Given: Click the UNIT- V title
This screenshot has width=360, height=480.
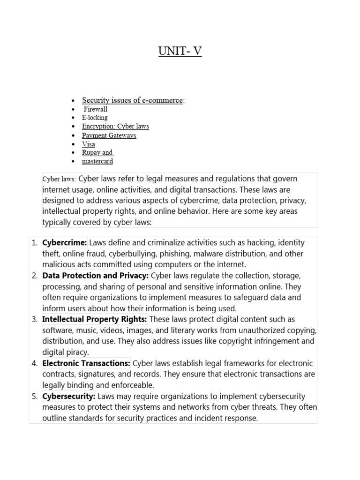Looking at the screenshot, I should pyautogui.click(x=180, y=51).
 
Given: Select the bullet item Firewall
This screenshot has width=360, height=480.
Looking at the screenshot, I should pyautogui.click(x=96, y=109).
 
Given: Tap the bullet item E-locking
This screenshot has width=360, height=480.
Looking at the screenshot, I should pyautogui.click(x=95, y=118).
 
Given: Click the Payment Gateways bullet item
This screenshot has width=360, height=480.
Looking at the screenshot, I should pyautogui.click(x=109, y=135).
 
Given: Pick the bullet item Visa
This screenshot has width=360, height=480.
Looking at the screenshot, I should pyautogui.click(x=89, y=144).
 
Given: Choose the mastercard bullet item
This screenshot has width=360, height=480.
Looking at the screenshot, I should pyautogui.click(x=97, y=161).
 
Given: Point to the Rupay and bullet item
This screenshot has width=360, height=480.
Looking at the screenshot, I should pyautogui.click(x=98, y=152).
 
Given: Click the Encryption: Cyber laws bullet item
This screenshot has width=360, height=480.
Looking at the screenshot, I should pyautogui.click(x=115, y=127).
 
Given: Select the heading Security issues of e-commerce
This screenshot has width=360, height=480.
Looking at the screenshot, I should pyautogui.click(x=132, y=100).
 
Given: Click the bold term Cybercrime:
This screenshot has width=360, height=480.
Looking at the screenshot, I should pyautogui.click(x=65, y=243).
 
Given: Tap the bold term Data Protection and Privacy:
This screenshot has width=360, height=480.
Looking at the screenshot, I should pyautogui.click(x=96, y=276).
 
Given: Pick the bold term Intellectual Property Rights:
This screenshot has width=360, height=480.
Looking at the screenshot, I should pyautogui.click(x=95, y=319).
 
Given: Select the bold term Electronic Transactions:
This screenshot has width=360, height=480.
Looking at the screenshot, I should pyautogui.click(x=86, y=363).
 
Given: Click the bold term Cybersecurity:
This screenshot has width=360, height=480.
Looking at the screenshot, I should pyautogui.click(x=68, y=397).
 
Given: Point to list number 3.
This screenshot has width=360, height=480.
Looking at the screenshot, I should pyautogui.click(x=34, y=320).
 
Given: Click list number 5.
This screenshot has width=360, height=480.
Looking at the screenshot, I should pyautogui.click(x=34, y=397).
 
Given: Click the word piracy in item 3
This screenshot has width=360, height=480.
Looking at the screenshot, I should pyautogui.click(x=77, y=352).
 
